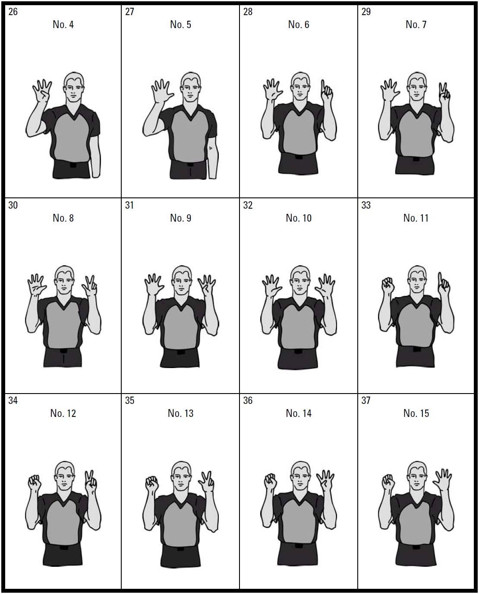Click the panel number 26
[13, 12]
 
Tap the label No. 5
[180, 25]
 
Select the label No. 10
[299, 218]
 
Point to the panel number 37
[366, 400]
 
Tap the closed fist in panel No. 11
[388, 285]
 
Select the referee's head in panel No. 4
[74, 87]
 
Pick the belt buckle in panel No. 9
[180, 352]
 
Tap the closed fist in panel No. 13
[152, 483]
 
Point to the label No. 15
[416, 413]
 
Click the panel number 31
[129, 205]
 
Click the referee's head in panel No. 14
[300, 476]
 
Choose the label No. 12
[63, 413]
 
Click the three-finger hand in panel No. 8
[90, 286]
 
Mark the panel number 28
[248, 12]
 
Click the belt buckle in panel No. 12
[63, 548]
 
